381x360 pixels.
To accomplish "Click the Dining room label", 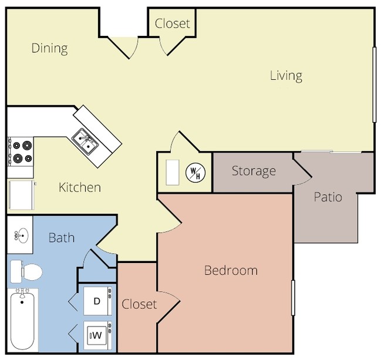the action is (49, 48).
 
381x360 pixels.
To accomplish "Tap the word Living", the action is (286, 76).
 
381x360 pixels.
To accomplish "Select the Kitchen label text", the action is (80, 187).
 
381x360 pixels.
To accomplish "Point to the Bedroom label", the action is (231, 270).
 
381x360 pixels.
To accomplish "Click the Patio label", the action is (328, 197).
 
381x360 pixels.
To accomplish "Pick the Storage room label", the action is (254, 171).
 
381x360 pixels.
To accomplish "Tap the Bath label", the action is (62, 237).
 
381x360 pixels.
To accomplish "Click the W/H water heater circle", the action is (195, 172).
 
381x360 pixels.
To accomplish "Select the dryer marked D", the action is (97, 301).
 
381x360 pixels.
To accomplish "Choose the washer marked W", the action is (97, 335).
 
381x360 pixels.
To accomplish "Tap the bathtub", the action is (22, 319).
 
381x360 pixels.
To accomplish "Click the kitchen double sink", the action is (85, 142).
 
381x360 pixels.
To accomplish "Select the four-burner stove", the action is (21, 152).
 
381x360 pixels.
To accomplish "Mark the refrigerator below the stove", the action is (21, 195).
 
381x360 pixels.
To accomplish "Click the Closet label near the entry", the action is (172, 23).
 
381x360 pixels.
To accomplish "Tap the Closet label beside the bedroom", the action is (139, 304).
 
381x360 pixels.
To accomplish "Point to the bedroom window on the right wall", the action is (293, 298).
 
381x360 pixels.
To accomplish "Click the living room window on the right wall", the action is (375, 85).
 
